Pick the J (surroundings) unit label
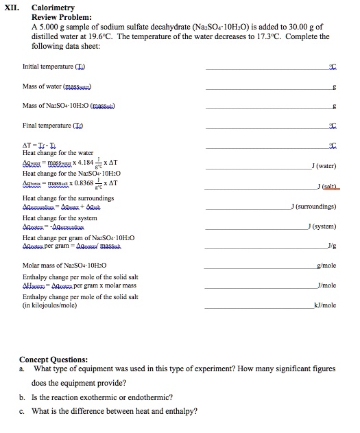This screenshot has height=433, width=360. pyautogui.click(x=313, y=205)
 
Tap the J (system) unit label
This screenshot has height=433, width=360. pyautogui.click(x=322, y=225)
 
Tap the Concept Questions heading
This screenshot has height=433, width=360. pyautogui.click(x=53, y=360)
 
